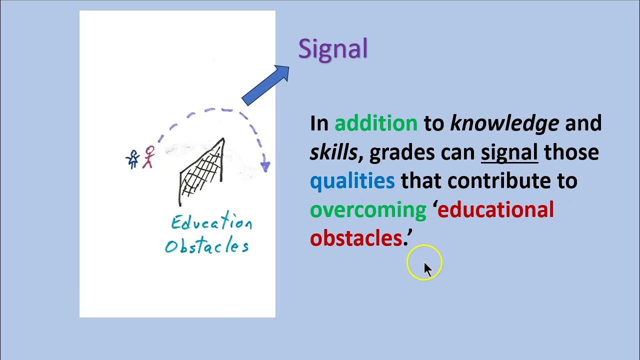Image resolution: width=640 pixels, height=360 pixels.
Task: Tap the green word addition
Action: point(375,123)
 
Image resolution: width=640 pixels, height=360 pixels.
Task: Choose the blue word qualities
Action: point(352,181)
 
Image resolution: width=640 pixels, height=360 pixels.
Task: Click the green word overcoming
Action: point(368,210)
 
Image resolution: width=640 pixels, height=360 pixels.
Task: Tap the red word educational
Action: point(495,210)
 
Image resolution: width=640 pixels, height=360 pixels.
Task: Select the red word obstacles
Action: point(356,238)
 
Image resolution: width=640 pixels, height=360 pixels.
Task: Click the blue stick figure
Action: point(133,159)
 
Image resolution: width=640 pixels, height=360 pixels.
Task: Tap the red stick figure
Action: point(148,157)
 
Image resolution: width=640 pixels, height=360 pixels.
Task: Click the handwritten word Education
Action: point(211,222)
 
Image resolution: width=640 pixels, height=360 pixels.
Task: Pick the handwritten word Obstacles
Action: point(206,245)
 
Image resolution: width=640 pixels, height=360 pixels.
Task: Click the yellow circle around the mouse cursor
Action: point(424,262)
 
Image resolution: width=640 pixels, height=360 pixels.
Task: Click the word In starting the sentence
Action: point(319,123)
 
